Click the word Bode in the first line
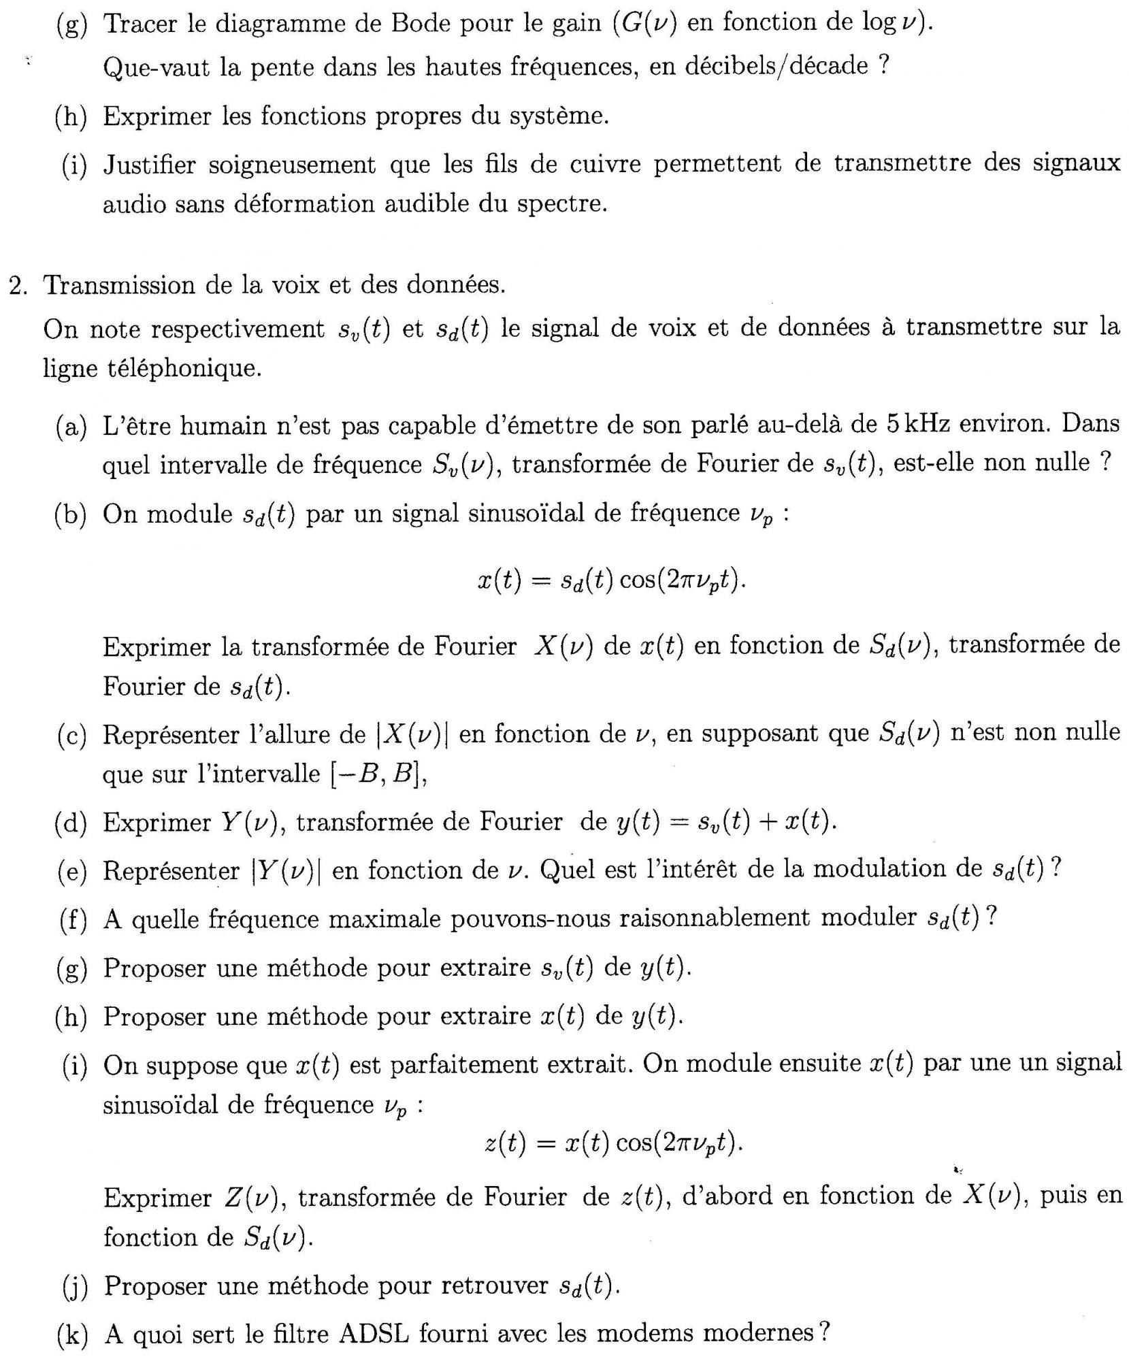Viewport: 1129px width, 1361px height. coord(421,24)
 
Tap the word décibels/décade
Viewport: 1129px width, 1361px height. coord(757,67)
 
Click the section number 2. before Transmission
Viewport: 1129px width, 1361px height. coord(18,285)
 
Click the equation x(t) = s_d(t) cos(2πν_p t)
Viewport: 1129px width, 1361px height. coord(610,580)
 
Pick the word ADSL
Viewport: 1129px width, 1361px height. coord(374,1333)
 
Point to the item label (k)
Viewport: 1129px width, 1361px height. coord(73,1334)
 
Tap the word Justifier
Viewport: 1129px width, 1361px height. coord(149,165)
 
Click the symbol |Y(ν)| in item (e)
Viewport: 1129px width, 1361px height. coord(286,870)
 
